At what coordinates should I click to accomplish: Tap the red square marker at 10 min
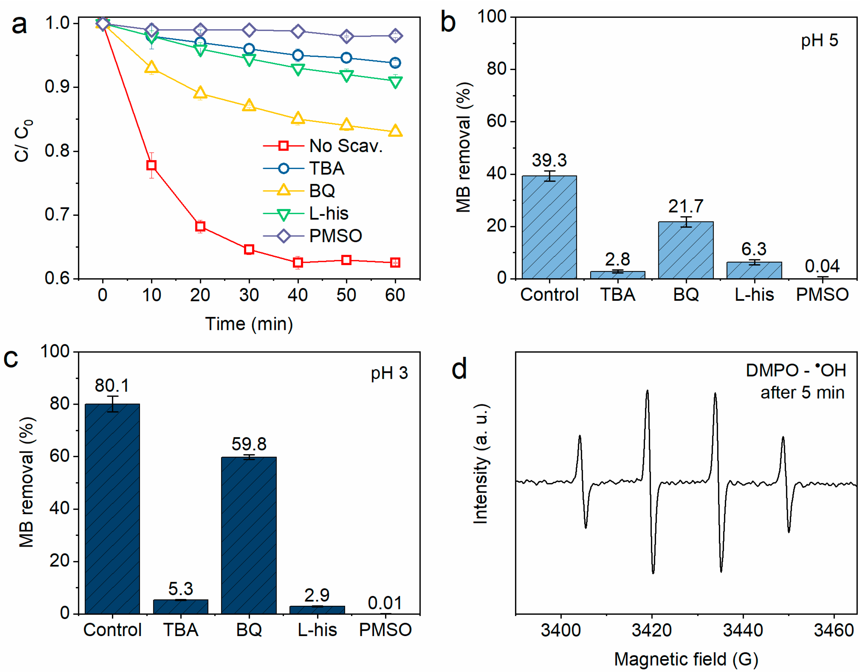pos(151,165)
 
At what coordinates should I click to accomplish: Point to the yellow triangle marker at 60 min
pos(395,131)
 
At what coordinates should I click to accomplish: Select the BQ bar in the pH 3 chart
pos(249,535)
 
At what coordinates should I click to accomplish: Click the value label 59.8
pos(249,444)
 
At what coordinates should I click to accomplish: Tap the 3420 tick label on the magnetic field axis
pos(652,630)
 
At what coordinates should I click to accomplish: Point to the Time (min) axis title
pos(249,324)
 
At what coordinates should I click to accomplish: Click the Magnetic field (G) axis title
pos(686,659)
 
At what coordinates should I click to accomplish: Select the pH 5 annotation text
pos(819,41)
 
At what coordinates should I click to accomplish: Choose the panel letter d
pos(459,369)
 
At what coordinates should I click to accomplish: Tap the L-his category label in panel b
pos(754,294)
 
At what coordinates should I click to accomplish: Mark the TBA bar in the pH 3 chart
pos(181,607)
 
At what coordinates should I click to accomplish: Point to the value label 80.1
pos(112,385)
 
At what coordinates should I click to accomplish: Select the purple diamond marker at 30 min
pos(249,30)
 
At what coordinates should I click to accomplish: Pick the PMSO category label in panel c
pos(385,630)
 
